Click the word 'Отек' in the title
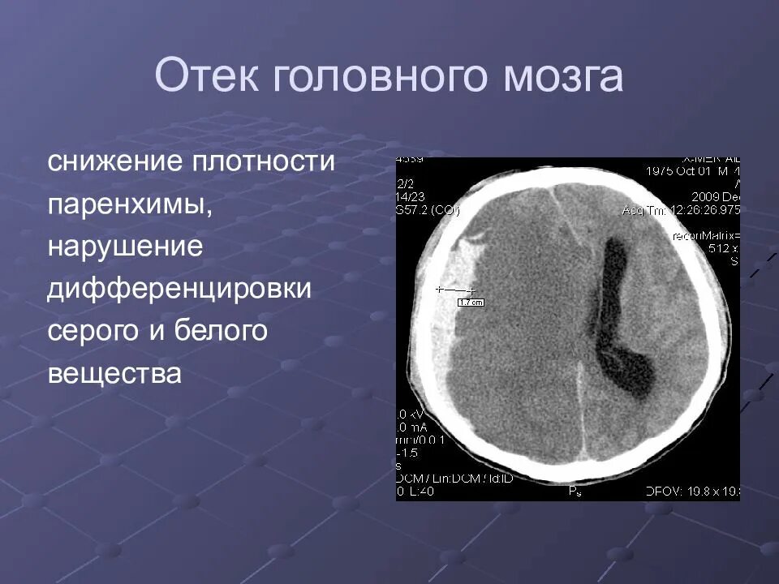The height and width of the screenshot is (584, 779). tap(206, 77)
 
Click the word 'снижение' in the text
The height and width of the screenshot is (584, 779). tap(114, 161)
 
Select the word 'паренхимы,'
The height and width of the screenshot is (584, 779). tap(130, 204)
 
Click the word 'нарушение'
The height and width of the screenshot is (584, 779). tap(124, 247)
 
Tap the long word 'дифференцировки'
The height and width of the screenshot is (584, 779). tap(179, 290)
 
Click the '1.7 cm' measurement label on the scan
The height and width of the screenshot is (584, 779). tap(471, 303)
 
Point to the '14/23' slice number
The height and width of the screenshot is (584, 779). tap(407, 197)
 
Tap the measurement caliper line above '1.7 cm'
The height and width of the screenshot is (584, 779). tap(455, 289)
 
